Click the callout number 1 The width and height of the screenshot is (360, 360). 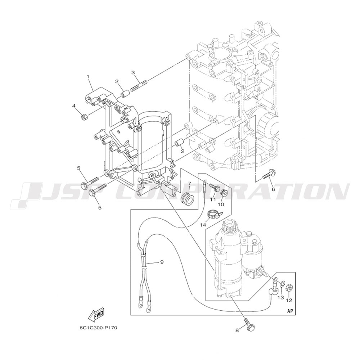(x=87, y=76)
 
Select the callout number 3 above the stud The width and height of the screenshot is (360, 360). (x=133, y=73)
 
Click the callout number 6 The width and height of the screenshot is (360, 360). (x=273, y=189)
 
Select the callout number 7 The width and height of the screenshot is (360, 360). (x=189, y=184)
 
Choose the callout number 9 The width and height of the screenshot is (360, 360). (x=162, y=262)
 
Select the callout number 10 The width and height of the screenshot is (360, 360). (x=221, y=204)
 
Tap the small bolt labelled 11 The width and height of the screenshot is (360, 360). (x=215, y=188)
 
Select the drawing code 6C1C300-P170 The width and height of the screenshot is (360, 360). (x=98, y=328)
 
